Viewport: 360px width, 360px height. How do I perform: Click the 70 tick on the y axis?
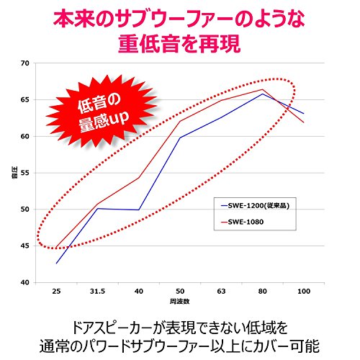(x=24, y=63)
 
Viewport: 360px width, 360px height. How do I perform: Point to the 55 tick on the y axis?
(x=24, y=174)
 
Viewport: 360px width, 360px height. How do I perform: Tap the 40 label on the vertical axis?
(x=24, y=283)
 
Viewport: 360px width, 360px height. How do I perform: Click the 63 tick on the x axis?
(x=221, y=292)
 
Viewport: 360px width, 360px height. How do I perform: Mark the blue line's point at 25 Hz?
(x=57, y=264)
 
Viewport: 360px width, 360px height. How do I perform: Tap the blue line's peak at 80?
(x=262, y=94)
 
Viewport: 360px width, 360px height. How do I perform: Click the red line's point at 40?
(x=139, y=178)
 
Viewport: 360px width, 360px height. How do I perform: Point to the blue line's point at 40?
(x=139, y=210)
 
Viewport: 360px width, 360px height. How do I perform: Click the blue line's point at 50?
(x=180, y=138)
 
